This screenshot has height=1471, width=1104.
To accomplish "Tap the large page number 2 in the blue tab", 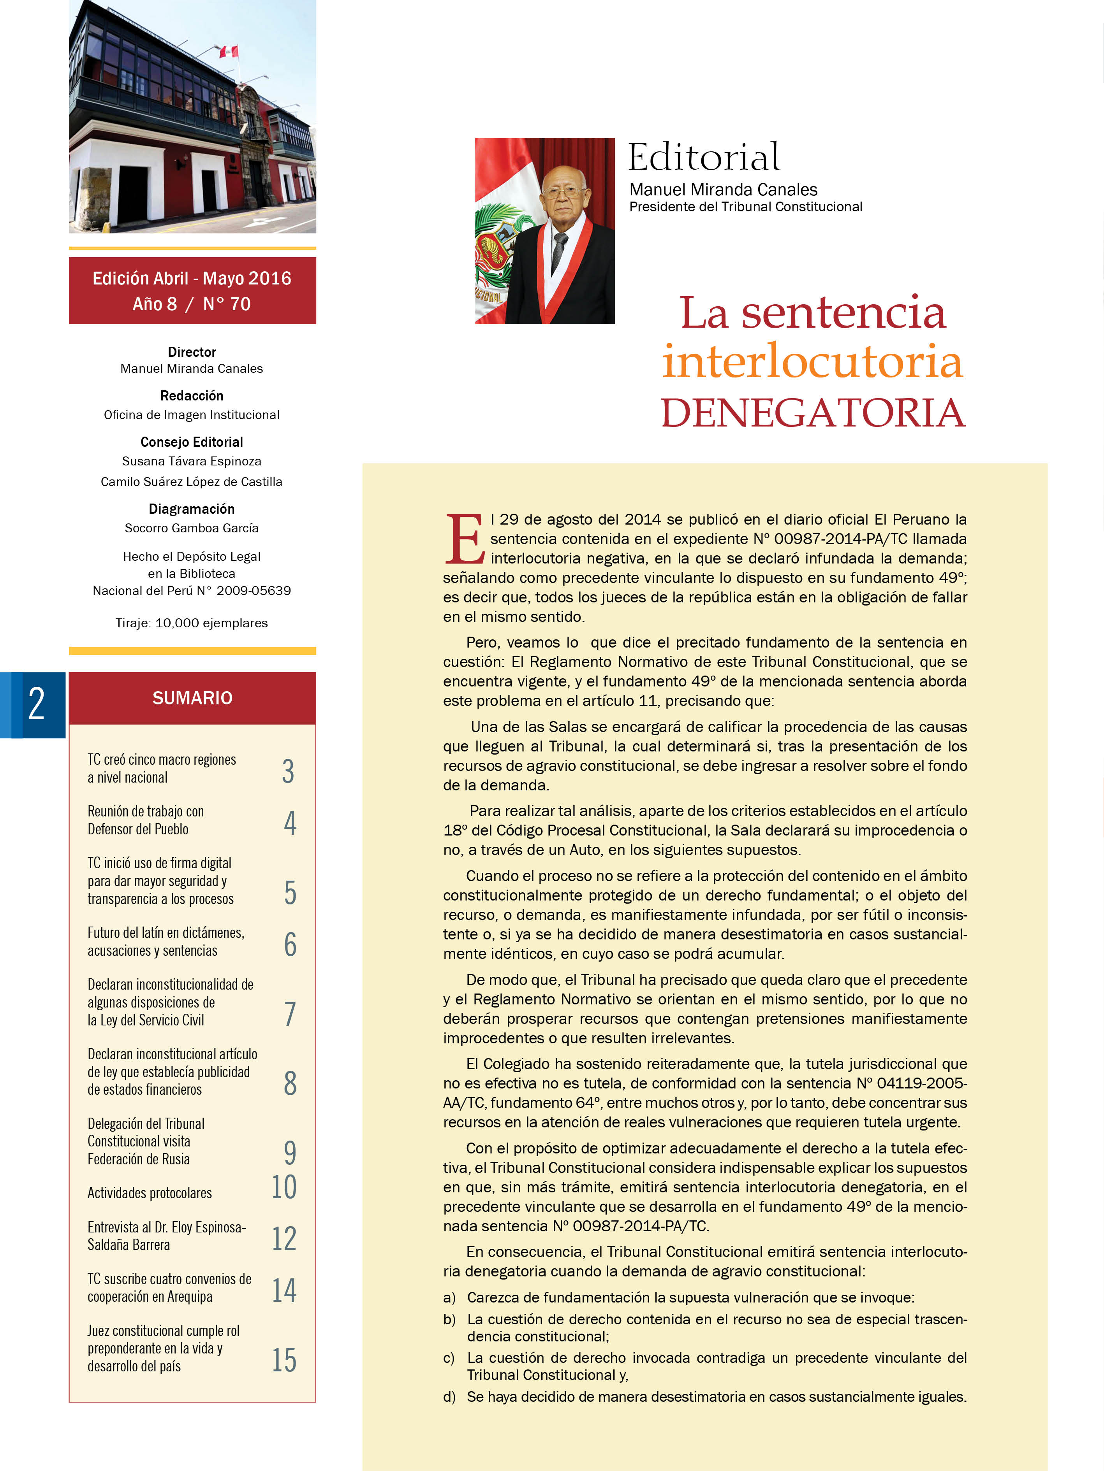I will click(37, 704).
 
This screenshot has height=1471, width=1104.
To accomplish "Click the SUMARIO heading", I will click(192, 698).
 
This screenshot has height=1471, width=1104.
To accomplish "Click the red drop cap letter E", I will click(464, 539).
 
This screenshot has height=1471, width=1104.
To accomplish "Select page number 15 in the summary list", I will click(284, 1360).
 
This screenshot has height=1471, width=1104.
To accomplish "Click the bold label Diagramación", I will click(192, 509).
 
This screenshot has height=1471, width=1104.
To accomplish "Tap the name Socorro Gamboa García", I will click(192, 528).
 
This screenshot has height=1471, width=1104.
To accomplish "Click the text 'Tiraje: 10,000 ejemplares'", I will click(192, 623).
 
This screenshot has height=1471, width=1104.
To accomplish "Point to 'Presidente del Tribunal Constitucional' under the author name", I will click(745, 207).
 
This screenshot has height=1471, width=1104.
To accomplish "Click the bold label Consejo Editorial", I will click(192, 442).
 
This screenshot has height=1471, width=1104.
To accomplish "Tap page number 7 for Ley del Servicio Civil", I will click(290, 1013).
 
